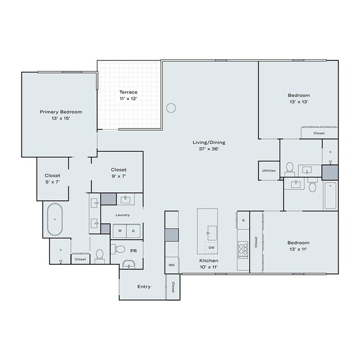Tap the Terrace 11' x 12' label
coord(128,95)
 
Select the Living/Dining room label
coord(209,146)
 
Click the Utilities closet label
coord(269,171)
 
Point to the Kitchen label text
coord(209,264)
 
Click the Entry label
coord(144,286)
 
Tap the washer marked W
coord(120,230)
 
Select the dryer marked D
coord(133,230)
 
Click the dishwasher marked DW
coord(212,247)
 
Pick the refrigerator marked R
coord(243,220)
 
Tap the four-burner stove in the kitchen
coord(243,250)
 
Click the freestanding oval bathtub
coord(55,219)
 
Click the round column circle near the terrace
coord(171,107)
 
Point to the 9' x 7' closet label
coord(119,173)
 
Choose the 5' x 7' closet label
coord(53,179)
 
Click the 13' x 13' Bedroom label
coord(299,99)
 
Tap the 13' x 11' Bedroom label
coord(299,246)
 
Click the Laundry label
coord(122,215)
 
